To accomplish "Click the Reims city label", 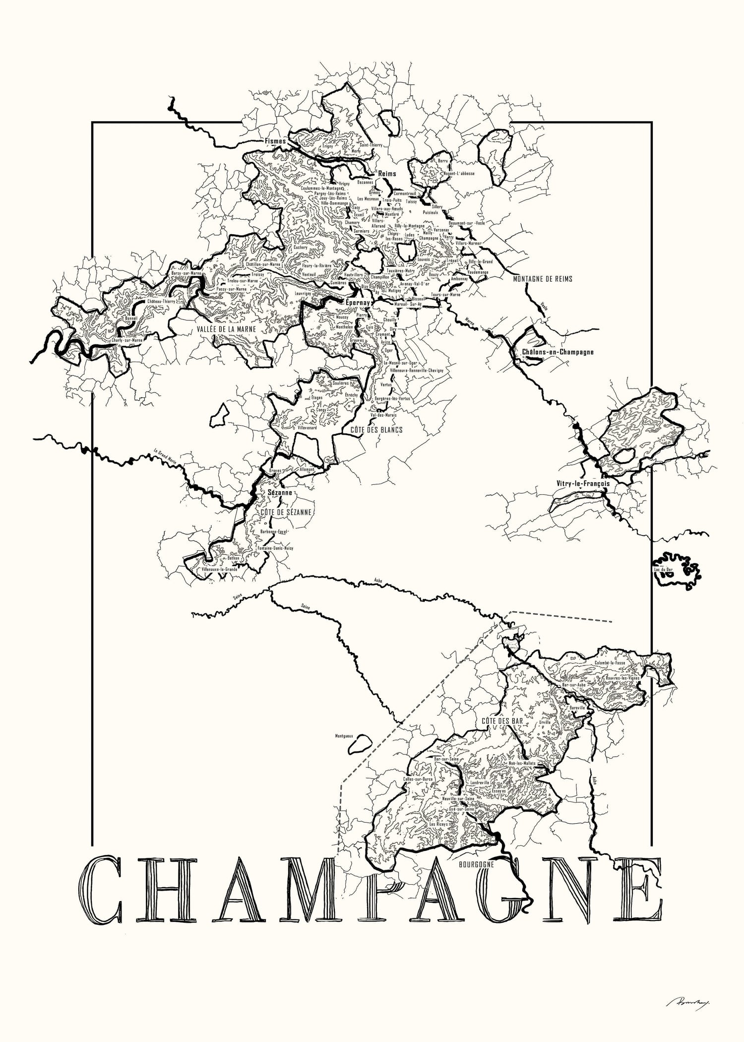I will tap(387, 174).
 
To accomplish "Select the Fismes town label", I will tap(276, 141).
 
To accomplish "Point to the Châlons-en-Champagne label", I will tap(558, 352).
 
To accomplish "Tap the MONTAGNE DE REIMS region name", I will tap(543, 279).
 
